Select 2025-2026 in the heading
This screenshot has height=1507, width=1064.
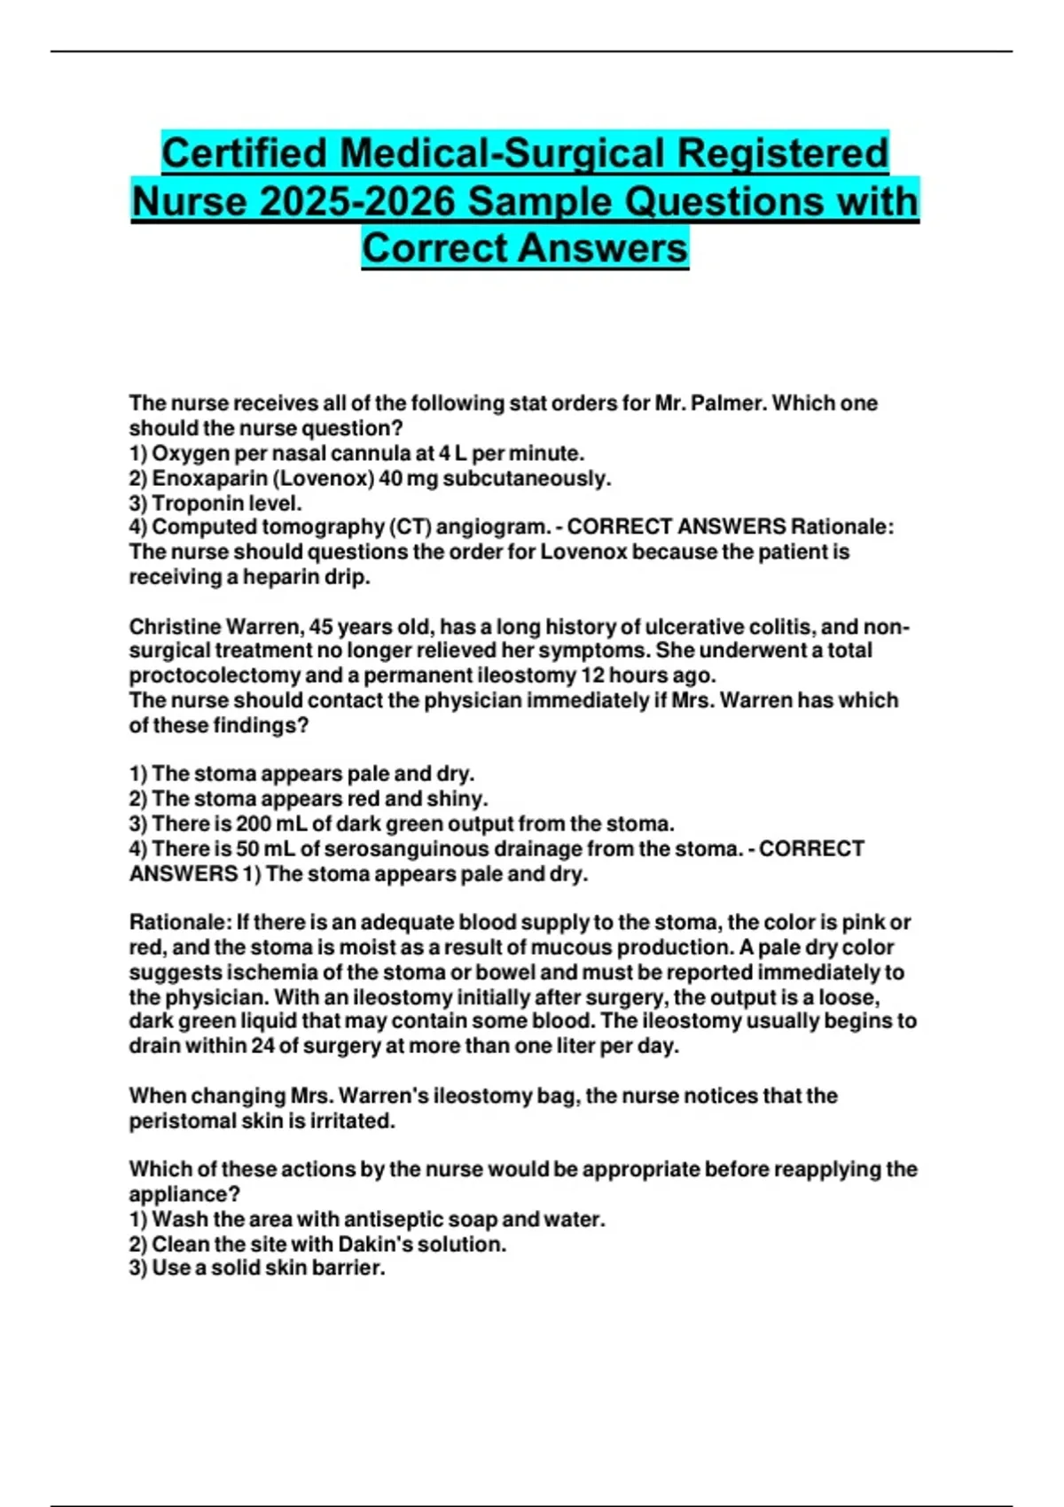(356, 201)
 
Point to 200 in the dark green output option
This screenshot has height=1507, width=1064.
(254, 824)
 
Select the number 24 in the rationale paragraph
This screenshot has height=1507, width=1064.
(262, 1046)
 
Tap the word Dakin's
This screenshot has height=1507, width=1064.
(374, 1245)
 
